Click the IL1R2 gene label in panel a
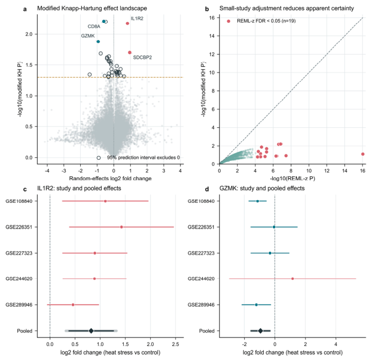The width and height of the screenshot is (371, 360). (137, 18)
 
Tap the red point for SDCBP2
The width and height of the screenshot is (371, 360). (130, 52)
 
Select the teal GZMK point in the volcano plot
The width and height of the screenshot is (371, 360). (98, 41)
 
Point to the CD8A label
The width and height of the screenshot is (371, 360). (94, 26)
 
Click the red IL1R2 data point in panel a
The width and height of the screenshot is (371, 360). (127, 23)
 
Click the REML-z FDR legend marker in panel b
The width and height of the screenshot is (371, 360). (228, 21)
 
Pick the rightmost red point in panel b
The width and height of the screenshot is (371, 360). (363, 154)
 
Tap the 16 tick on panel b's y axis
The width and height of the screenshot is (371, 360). (212, 18)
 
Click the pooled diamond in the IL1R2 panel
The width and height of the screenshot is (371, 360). (91, 331)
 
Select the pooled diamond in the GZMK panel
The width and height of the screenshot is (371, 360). (260, 331)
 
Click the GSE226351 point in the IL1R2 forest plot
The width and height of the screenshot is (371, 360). (121, 227)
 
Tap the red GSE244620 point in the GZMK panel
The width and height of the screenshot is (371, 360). (292, 279)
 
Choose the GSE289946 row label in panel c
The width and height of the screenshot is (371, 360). (19, 305)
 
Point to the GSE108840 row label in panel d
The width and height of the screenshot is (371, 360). (201, 201)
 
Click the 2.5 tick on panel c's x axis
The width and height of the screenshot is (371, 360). (176, 344)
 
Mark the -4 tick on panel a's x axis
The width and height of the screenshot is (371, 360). (47, 171)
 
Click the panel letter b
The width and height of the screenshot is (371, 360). (207, 9)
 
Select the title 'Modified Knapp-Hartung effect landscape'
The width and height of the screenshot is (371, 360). (92, 8)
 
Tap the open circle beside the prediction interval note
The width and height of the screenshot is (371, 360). (99, 158)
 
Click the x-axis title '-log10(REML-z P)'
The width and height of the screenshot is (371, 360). (292, 178)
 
